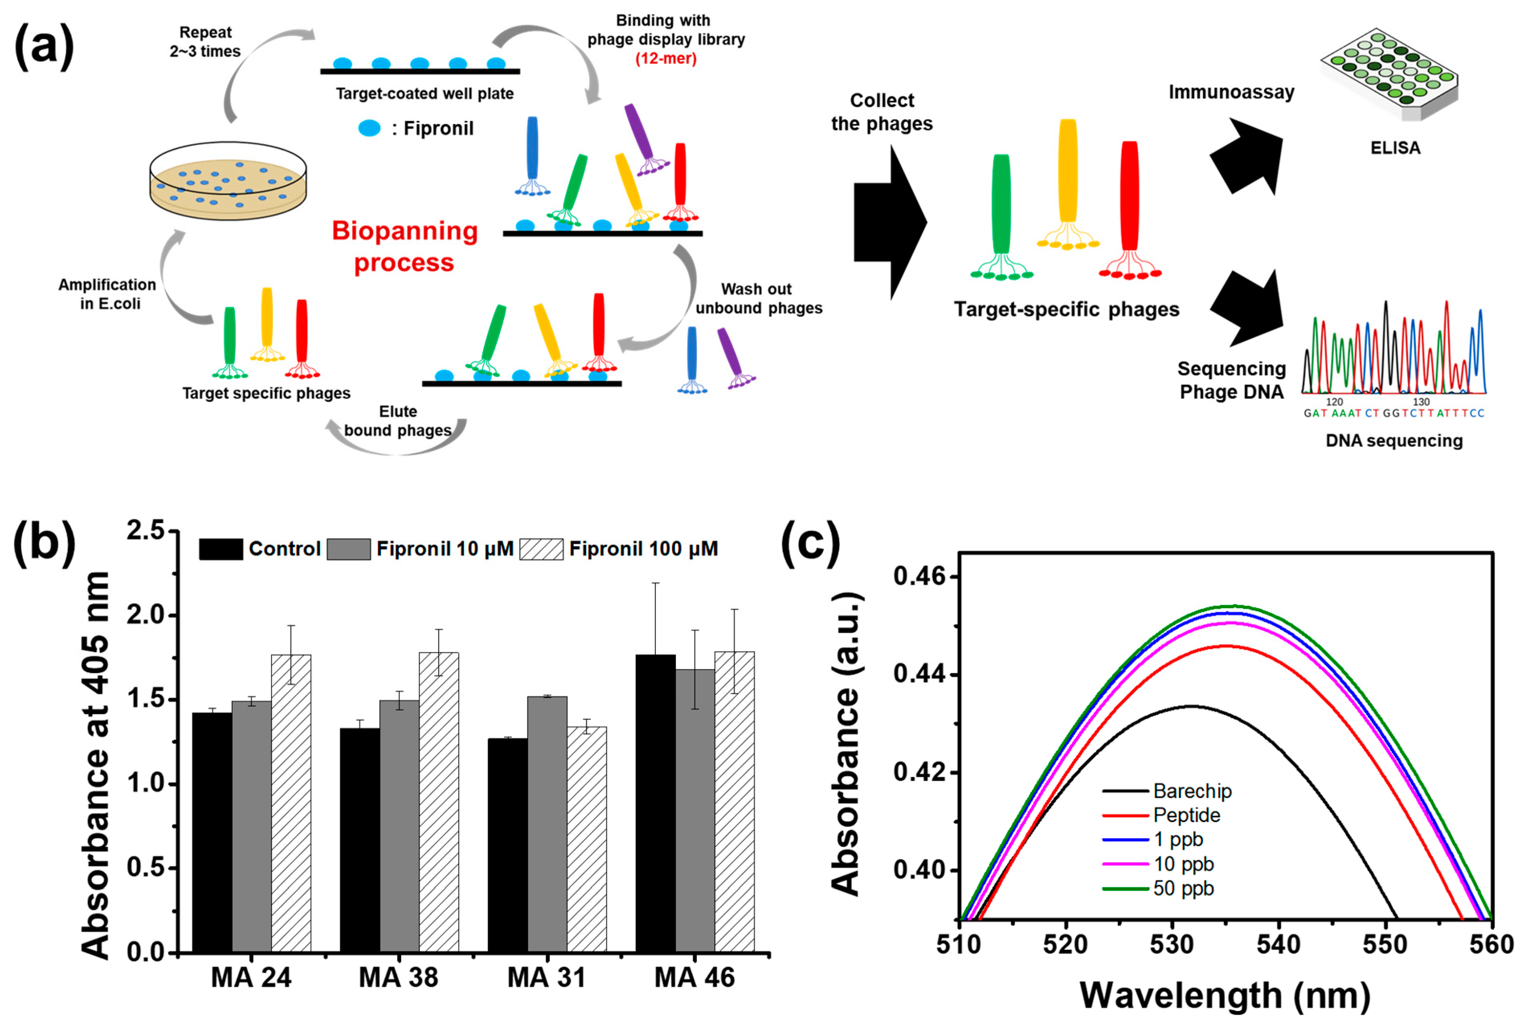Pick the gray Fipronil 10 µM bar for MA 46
(694, 810)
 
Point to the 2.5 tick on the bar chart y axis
(146, 530)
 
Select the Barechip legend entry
(1192, 791)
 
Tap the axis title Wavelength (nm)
(1225, 996)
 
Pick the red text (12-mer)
(666, 58)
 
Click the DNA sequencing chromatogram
(1394, 351)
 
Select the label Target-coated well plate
(425, 94)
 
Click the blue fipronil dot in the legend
(370, 128)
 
